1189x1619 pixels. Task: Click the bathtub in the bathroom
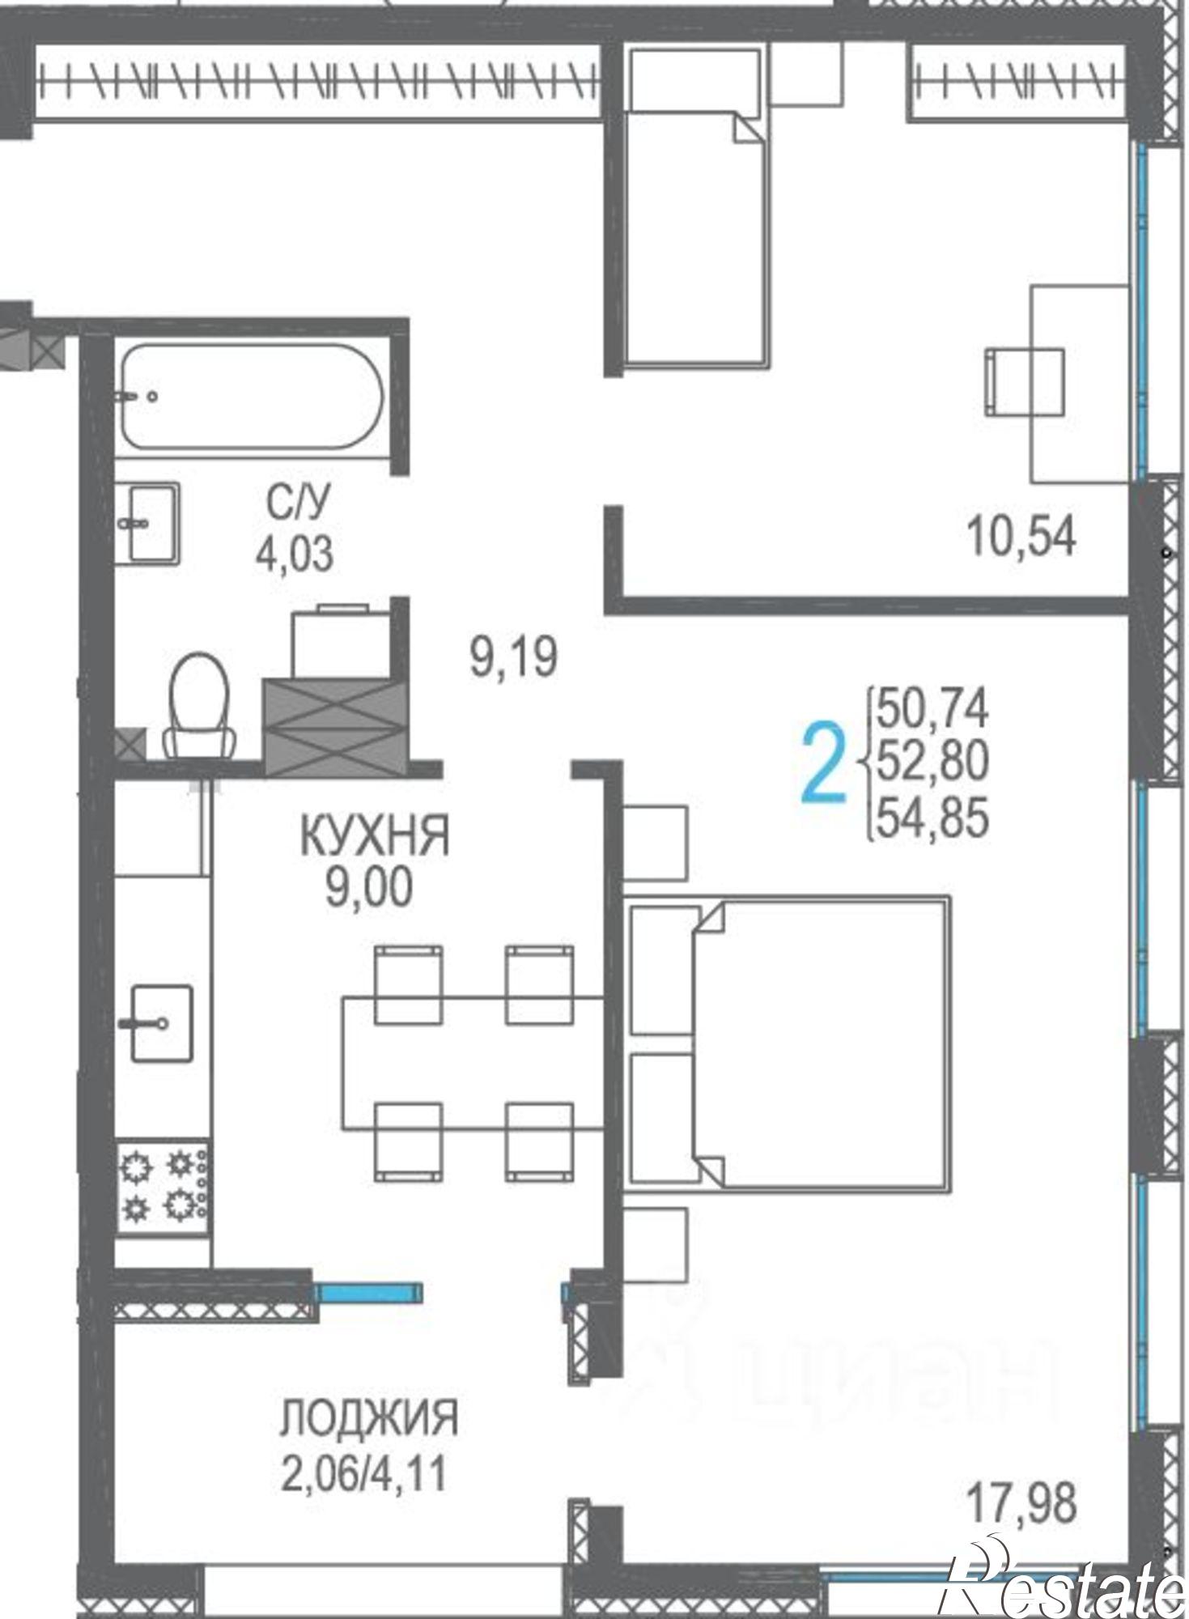click(252, 397)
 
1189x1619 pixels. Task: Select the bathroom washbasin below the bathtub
click(147, 522)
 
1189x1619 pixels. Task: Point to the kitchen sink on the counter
click(160, 1023)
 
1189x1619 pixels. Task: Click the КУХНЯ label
click(374, 836)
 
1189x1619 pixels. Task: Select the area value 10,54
click(1021, 536)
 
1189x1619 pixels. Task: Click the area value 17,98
click(1022, 1502)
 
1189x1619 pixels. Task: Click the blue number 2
click(824, 763)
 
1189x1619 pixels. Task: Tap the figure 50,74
click(933, 708)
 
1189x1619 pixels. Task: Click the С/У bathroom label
click(298, 504)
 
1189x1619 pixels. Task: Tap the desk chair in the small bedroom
click(1024, 382)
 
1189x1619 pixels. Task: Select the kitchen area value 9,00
click(369, 889)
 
